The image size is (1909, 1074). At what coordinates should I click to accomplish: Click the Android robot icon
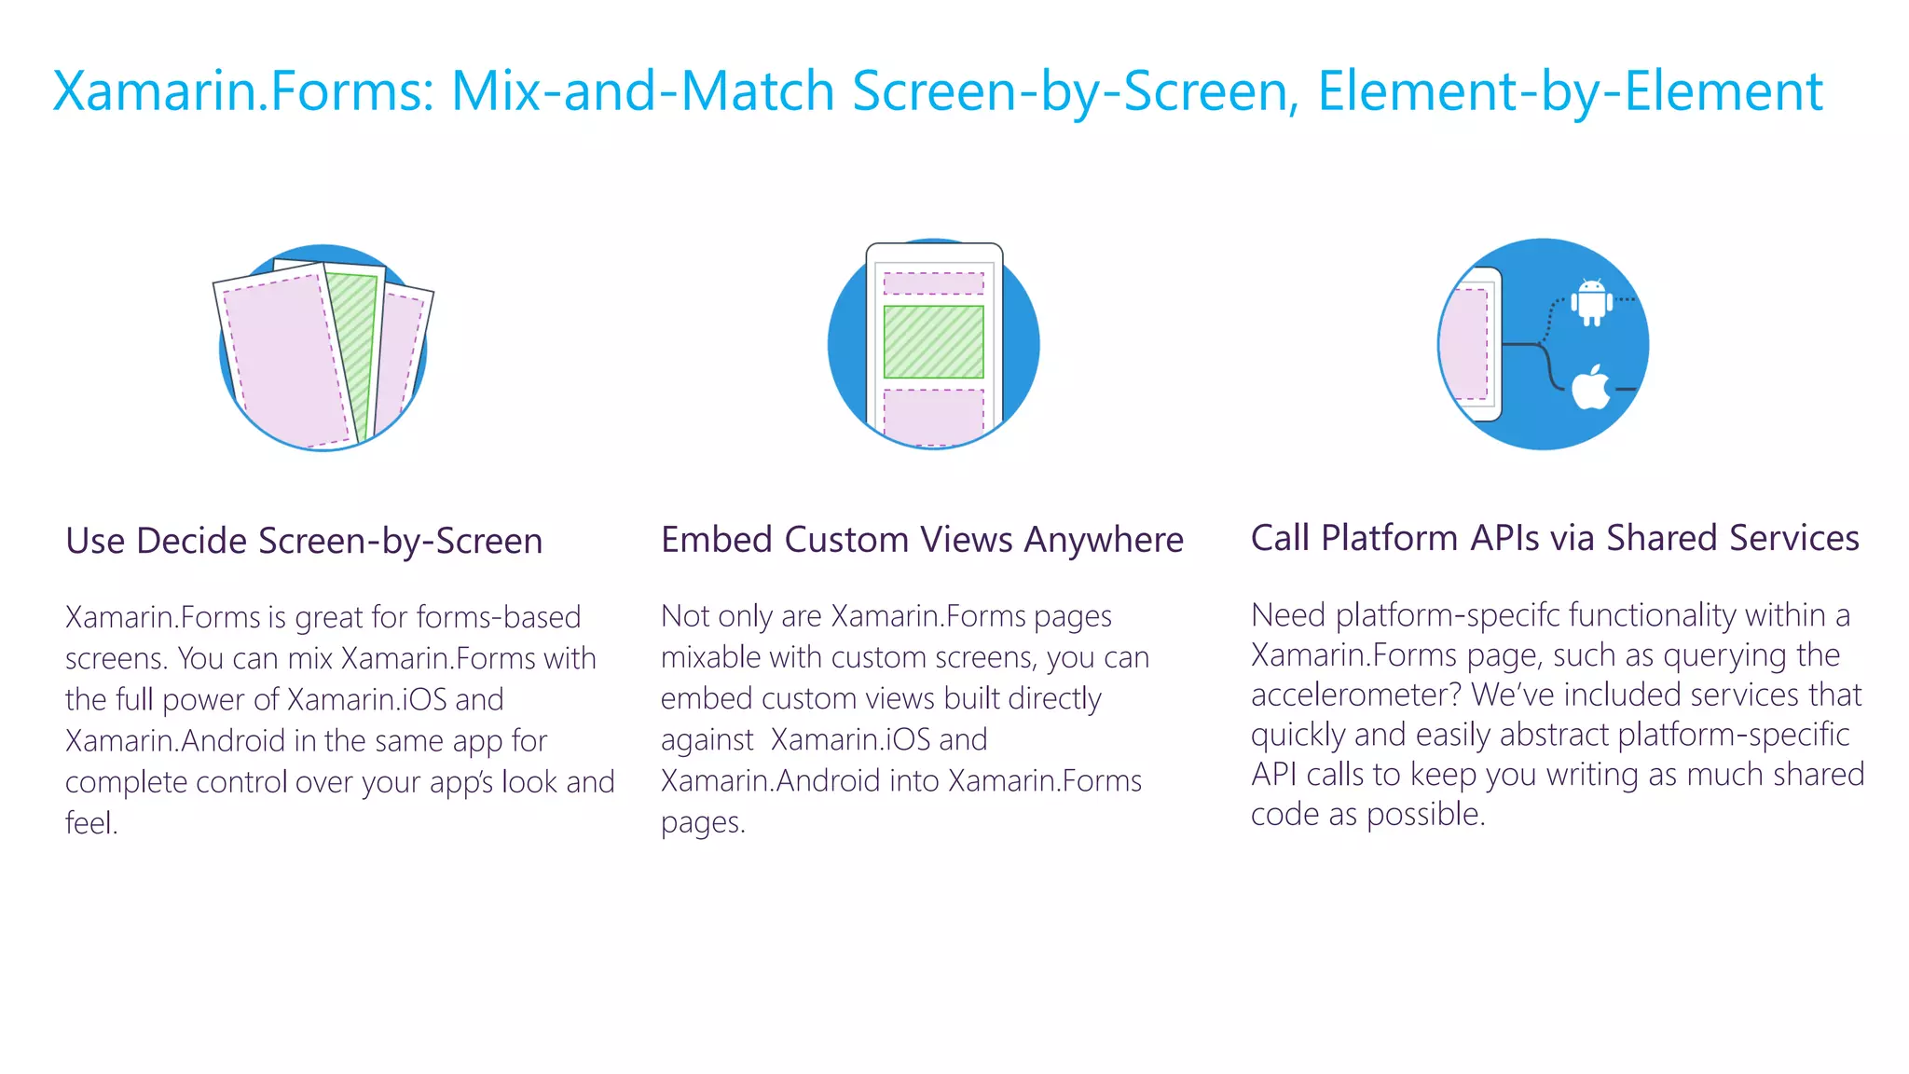coord(1592,302)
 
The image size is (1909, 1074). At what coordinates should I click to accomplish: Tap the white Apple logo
coord(1591,388)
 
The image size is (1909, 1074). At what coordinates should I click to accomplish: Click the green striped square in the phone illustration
coord(933,341)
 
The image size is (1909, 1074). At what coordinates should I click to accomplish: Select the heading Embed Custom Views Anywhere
coord(922,540)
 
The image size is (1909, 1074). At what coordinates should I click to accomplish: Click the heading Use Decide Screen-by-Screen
coord(304,542)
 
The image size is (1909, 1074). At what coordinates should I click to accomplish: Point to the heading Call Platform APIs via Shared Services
coord(1555,538)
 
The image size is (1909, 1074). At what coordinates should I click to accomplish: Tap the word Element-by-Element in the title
coord(1570,91)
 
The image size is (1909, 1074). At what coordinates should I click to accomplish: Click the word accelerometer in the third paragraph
coord(1356,695)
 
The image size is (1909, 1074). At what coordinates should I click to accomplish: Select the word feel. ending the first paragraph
coord(91,823)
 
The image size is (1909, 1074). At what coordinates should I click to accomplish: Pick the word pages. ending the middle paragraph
coord(703,822)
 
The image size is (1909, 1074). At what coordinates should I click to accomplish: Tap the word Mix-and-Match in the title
coord(642,91)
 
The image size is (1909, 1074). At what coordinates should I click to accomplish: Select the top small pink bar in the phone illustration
coord(933,283)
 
